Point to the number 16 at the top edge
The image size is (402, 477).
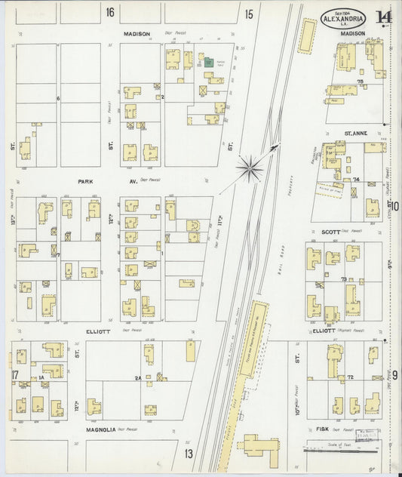(110, 12)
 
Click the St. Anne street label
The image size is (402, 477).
(355, 134)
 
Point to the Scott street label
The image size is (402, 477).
(331, 232)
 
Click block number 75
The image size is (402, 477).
(360, 81)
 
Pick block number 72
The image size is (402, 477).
(351, 377)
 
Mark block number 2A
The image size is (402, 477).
(137, 378)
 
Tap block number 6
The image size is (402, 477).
(57, 99)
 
